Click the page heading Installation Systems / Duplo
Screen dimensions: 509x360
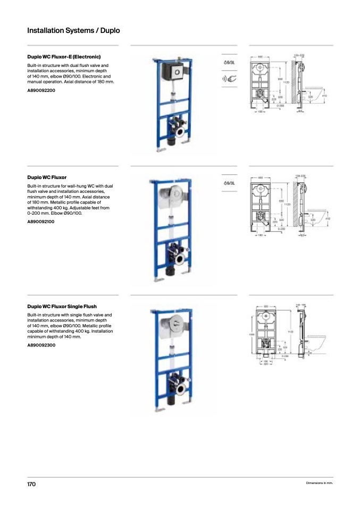click(73, 30)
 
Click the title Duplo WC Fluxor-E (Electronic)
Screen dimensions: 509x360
click(64, 56)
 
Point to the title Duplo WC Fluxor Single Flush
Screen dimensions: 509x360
click(62, 307)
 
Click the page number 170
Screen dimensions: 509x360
click(31, 484)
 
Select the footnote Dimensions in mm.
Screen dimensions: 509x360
click(319, 483)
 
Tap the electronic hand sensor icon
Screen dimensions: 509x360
click(229, 80)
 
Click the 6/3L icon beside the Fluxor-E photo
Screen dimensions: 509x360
click(229, 63)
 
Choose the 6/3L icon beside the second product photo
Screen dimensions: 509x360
click(229, 183)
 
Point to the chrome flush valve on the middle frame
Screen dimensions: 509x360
click(172, 195)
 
